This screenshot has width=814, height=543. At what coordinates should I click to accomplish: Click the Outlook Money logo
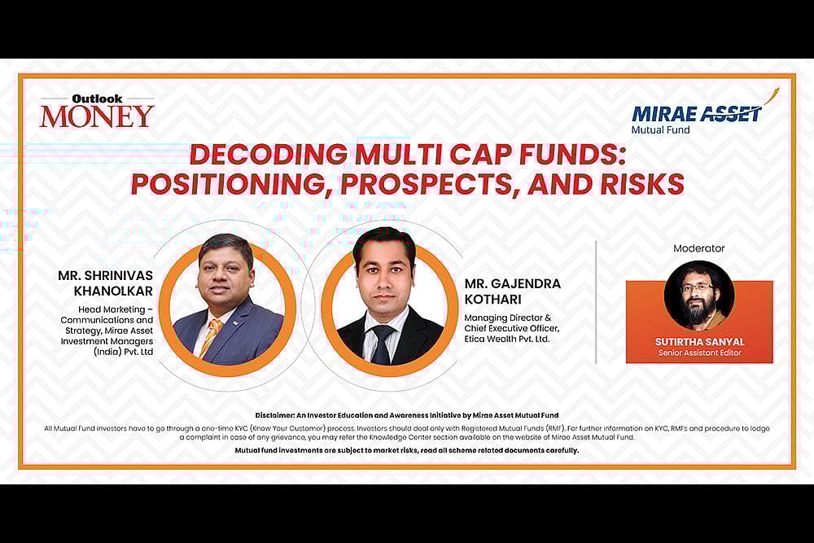click(97, 111)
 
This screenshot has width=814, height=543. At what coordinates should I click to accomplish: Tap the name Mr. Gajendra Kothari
click(513, 291)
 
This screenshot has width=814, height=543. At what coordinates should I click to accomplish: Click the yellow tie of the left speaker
click(211, 335)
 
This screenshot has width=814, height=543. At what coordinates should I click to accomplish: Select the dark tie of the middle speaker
click(383, 343)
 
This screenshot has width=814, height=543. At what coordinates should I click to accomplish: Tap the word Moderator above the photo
click(698, 248)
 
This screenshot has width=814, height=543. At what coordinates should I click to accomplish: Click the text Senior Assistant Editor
click(699, 353)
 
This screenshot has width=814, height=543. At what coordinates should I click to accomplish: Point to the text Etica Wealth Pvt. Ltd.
click(507, 339)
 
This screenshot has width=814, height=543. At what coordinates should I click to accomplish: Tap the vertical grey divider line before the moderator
click(597, 301)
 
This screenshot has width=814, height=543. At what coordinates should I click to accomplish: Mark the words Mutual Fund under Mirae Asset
click(660, 130)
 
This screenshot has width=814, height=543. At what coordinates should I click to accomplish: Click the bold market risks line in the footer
click(407, 450)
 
